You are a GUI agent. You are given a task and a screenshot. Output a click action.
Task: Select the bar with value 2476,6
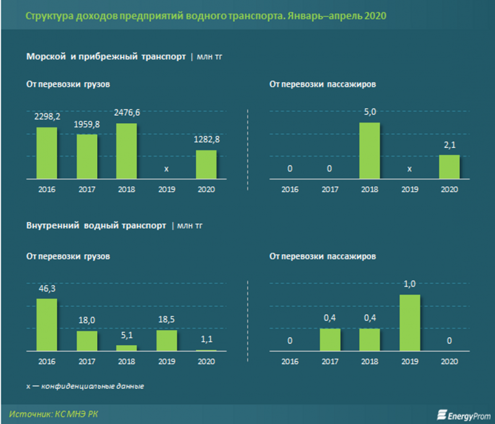coord(127,151)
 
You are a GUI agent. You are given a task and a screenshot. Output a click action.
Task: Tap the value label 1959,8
coord(87,124)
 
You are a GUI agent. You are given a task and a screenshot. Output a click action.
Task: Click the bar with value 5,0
coord(370,150)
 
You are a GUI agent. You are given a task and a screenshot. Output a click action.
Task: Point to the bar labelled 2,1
coord(449,167)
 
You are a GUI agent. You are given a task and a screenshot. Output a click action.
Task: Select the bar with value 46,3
coord(47,325)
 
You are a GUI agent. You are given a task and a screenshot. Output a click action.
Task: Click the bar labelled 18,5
coord(166,340)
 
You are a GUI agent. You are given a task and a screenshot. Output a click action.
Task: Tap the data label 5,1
coord(127,335)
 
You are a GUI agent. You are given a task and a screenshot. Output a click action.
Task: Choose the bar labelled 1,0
coord(410,322)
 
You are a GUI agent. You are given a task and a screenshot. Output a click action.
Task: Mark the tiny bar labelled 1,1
coord(206,350)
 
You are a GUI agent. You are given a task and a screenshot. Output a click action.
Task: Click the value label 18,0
coord(87,321)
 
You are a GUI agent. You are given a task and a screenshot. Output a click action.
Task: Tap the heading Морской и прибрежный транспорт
coord(106,56)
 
